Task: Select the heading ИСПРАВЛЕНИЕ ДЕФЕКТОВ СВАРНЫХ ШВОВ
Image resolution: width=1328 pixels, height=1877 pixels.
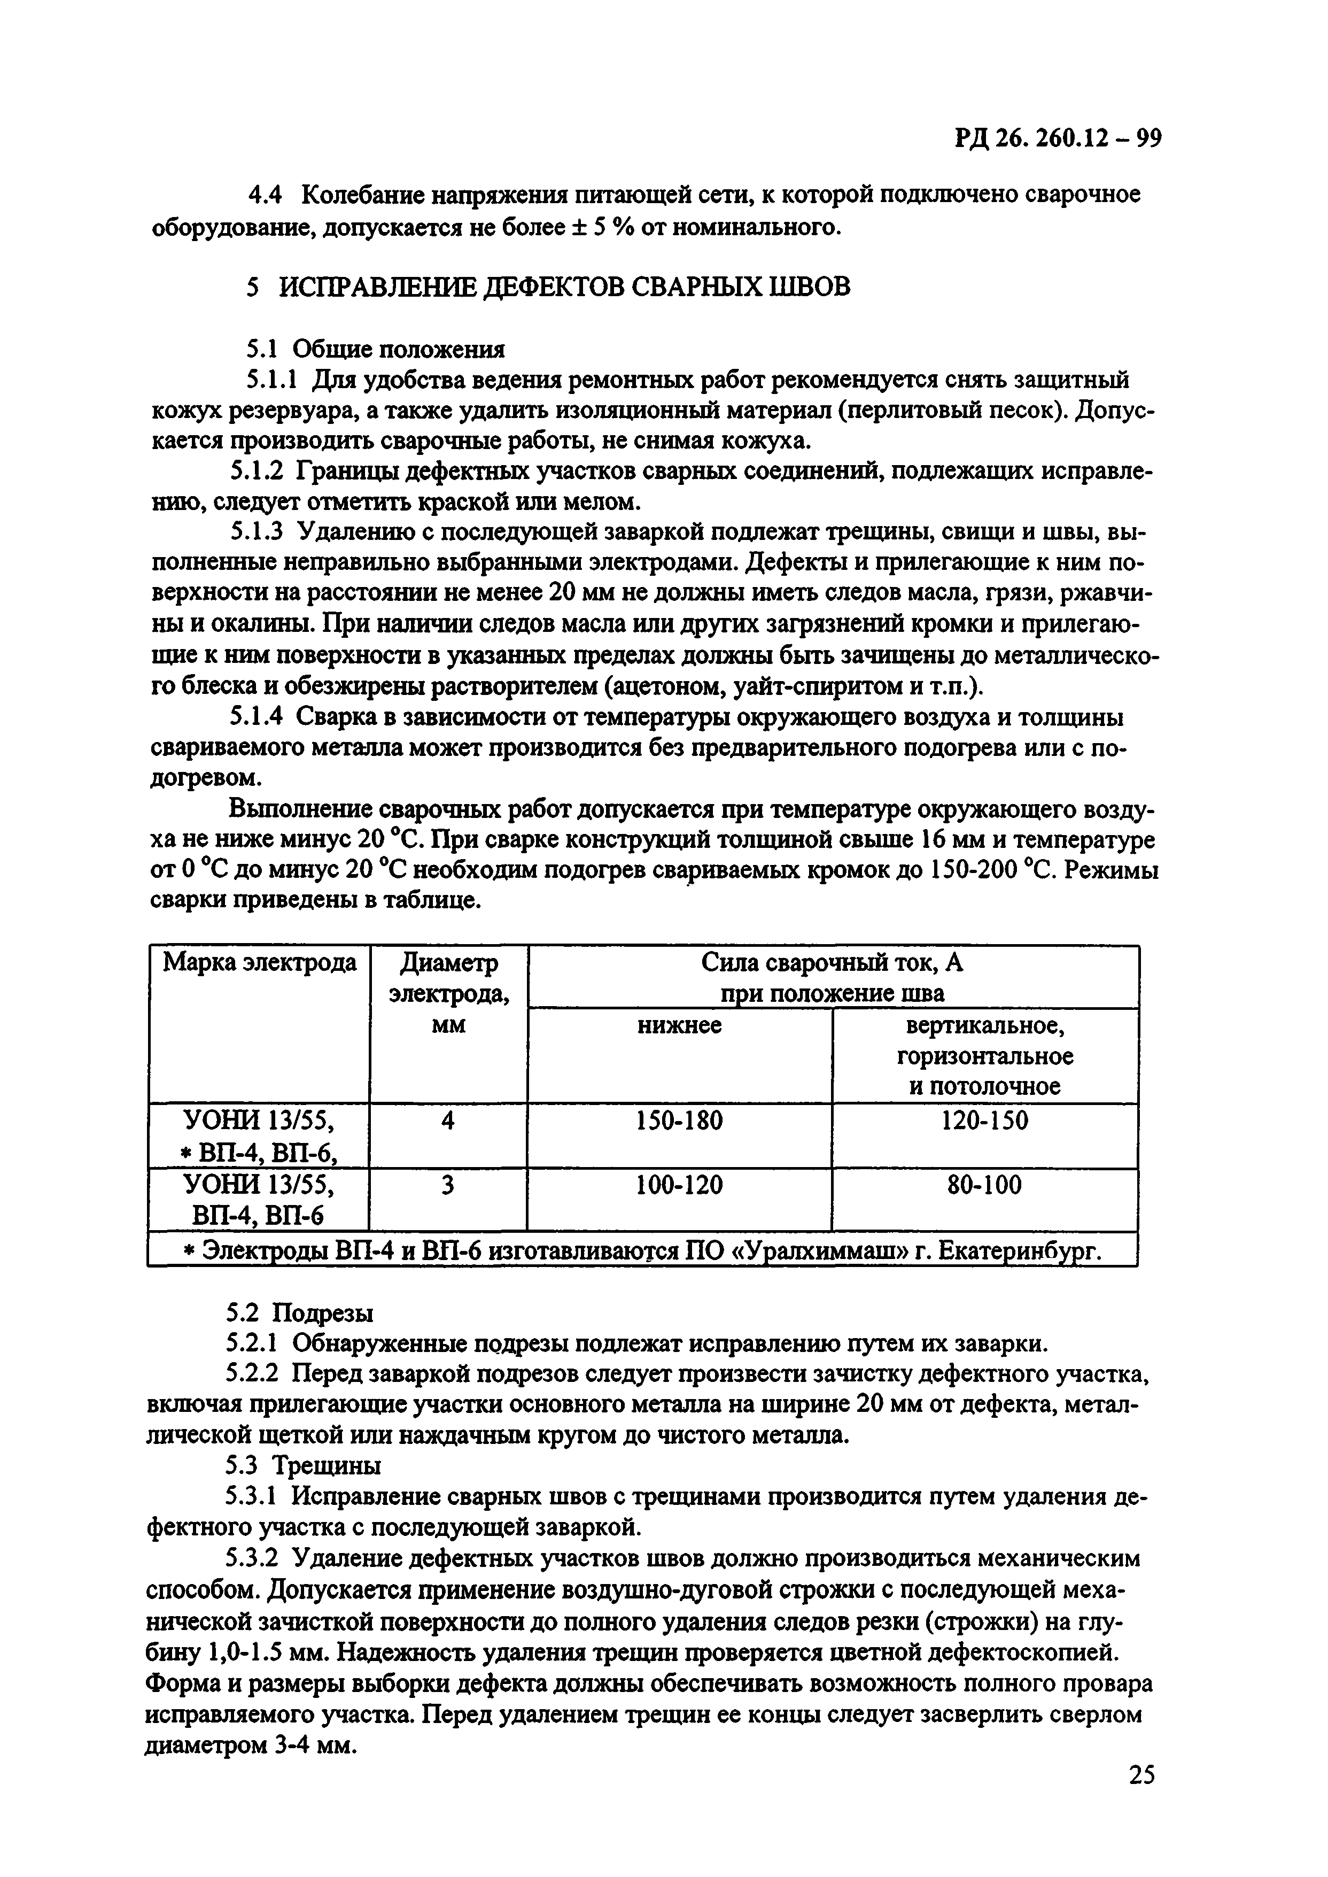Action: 564,287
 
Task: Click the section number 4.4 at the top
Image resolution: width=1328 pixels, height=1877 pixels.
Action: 265,196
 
